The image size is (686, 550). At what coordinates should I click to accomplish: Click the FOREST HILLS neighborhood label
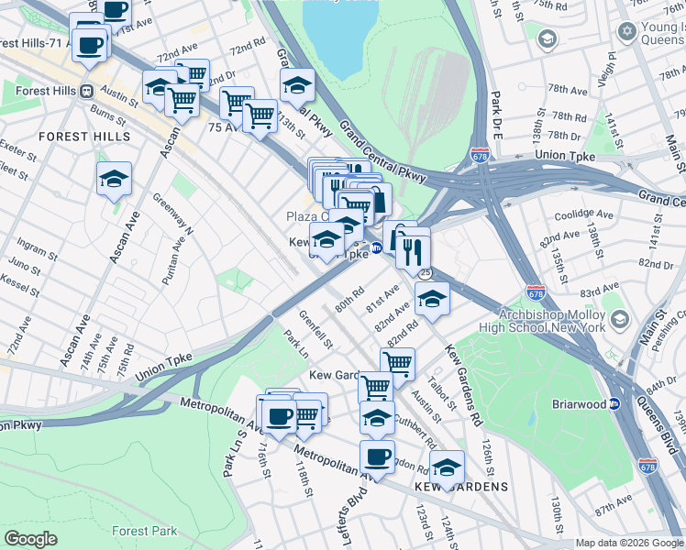(84, 137)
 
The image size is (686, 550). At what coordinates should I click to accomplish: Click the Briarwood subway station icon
(614, 403)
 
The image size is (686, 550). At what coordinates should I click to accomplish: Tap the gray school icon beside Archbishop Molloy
(620, 318)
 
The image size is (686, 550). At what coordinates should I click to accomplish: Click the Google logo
(31, 539)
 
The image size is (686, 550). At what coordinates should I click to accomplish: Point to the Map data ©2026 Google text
(629, 543)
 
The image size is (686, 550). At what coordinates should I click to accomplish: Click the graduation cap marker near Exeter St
(114, 179)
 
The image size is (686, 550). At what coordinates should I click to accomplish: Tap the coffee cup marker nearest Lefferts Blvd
(376, 456)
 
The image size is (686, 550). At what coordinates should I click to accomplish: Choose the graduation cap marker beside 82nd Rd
(432, 299)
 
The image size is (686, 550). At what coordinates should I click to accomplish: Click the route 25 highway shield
(425, 273)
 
